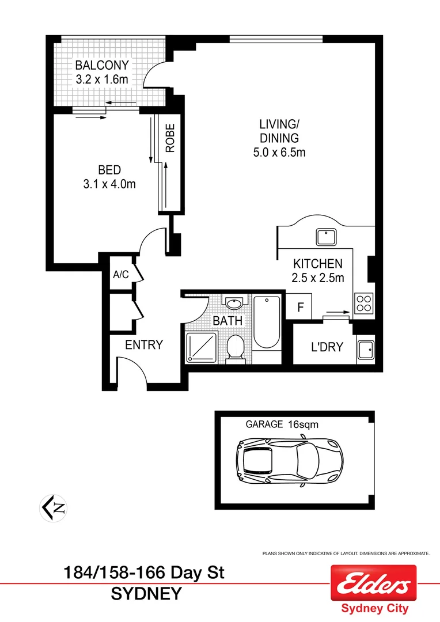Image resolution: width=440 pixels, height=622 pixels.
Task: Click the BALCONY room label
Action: coord(101,65)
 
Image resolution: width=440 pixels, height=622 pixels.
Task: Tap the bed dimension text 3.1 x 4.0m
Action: coord(109,184)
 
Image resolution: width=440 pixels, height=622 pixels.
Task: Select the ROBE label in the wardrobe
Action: coord(170,139)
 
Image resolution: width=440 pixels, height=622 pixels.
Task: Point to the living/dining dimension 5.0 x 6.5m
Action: coord(279,153)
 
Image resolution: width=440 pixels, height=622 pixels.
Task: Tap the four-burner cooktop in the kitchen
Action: coord(364,302)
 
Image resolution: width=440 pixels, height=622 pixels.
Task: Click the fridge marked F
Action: coord(300,306)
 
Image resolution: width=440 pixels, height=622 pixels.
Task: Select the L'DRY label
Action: coord(327,347)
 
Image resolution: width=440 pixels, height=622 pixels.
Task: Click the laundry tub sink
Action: coord(366,349)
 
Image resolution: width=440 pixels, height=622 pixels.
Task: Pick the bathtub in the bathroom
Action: coord(267,323)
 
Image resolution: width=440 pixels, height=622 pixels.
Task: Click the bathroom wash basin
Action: coord(234,303)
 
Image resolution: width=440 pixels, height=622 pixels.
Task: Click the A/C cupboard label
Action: coord(121,275)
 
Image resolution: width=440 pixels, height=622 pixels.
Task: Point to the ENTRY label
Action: coord(144,345)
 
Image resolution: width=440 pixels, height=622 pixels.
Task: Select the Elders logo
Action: coord(373,584)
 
